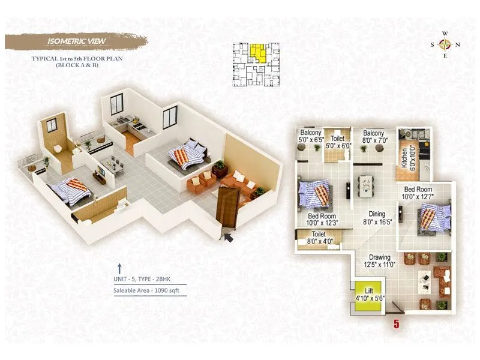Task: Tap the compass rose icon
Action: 445,44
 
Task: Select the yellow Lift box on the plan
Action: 368,297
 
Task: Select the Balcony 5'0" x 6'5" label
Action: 311,136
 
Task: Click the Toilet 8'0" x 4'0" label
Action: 319,238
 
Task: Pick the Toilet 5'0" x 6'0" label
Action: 337,140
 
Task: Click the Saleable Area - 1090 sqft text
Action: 146,291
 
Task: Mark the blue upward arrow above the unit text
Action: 119,268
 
